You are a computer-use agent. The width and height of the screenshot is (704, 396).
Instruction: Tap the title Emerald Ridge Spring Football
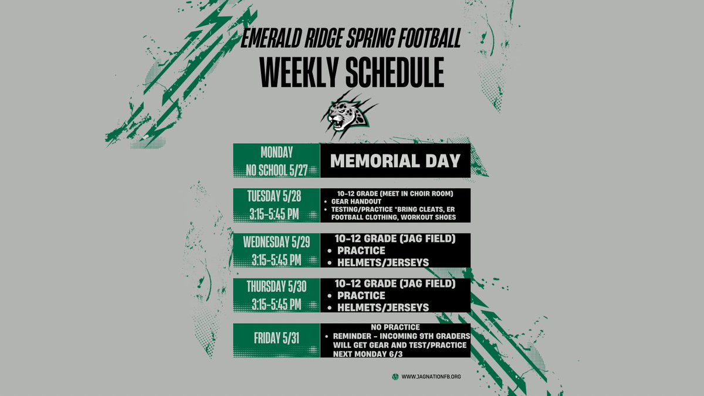point(351,39)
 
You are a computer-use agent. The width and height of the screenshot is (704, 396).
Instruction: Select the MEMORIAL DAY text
point(395,161)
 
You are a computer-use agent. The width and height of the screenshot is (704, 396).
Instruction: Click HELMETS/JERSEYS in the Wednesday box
point(383,262)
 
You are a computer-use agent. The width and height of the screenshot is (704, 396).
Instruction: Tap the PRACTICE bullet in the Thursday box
point(361,295)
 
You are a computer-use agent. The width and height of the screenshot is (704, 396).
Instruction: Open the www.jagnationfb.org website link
point(431,377)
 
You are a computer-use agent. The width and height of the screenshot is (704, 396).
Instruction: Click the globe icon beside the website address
point(395,377)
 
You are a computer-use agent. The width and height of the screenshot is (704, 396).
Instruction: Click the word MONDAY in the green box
point(276,153)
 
